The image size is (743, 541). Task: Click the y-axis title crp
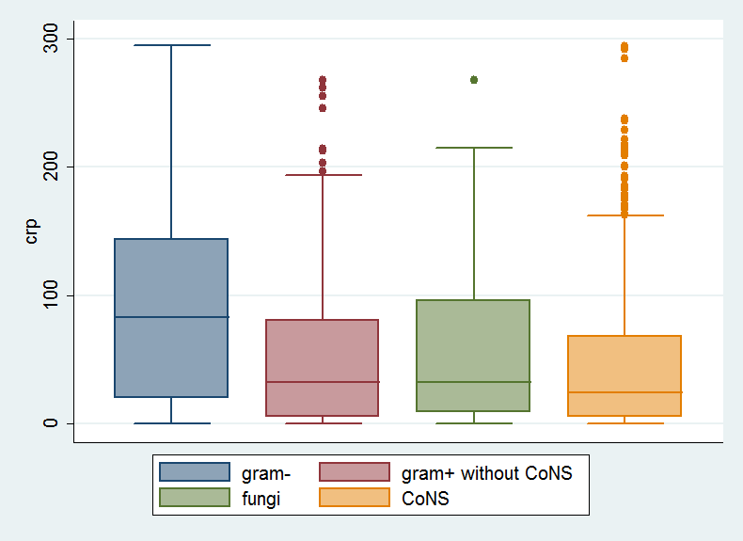click(x=32, y=231)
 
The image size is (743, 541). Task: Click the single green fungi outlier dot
click(x=473, y=80)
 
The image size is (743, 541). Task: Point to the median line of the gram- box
click(x=171, y=317)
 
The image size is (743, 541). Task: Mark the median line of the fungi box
click(x=473, y=382)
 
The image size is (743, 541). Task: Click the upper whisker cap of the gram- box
click(x=171, y=45)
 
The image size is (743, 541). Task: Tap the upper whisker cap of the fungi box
click(x=473, y=148)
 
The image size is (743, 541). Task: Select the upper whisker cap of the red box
click(x=323, y=175)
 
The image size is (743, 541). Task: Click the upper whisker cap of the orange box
click(x=624, y=215)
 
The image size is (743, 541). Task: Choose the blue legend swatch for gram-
click(x=195, y=472)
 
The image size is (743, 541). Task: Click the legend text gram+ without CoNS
click(x=486, y=472)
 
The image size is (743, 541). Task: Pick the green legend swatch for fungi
click(x=195, y=498)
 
